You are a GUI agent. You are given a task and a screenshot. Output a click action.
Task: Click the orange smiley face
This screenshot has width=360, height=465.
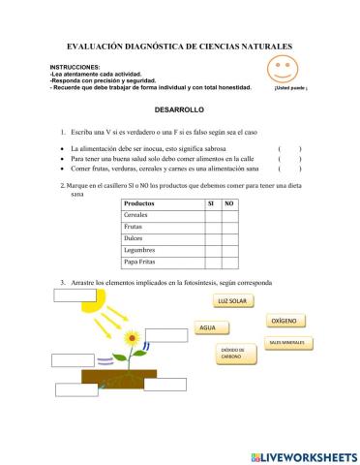(x=282, y=70)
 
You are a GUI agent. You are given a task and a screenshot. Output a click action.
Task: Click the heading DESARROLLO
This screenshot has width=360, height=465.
(x=180, y=112)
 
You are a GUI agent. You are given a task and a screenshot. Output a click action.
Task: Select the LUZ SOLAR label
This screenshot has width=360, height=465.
(x=234, y=302)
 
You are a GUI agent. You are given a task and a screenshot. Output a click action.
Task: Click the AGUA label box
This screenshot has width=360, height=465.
(x=208, y=328)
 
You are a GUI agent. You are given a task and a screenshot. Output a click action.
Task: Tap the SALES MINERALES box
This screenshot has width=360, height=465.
(x=287, y=343)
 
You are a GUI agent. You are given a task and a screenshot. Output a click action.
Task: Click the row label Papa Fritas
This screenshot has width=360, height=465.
(x=141, y=261)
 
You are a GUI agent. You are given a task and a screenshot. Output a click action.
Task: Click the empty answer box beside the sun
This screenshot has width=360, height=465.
(x=75, y=295)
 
